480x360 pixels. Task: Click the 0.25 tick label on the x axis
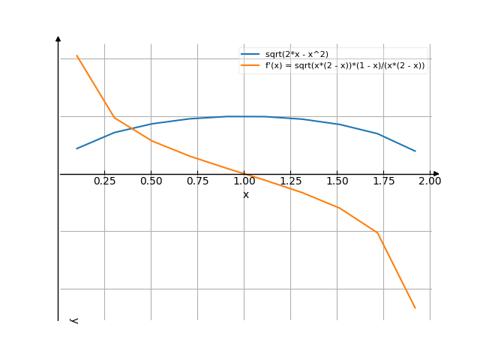(x=104, y=181)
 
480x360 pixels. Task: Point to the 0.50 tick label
(x=151, y=181)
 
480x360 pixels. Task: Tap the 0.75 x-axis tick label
(x=198, y=181)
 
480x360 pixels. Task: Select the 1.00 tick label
(x=244, y=181)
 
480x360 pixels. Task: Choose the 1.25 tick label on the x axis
(x=291, y=181)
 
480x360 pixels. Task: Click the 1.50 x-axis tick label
(x=337, y=181)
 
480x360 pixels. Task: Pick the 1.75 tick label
(x=384, y=181)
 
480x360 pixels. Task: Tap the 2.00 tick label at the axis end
(x=430, y=181)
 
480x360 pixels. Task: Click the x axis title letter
(x=245, y=195)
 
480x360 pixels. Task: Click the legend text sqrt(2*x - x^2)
(x=297, y=54)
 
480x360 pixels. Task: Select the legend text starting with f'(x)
(x=345, y=65)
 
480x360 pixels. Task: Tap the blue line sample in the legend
(x=250, y=54)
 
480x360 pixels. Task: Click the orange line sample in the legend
(x=250, y=65)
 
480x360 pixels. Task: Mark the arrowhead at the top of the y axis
(x=58, y=37)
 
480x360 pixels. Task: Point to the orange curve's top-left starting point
(x=76, y=55)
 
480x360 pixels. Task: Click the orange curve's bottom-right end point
(x=415, y=307)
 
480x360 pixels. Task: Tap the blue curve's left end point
(x=76, y=148)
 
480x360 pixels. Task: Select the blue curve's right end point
(x=415, y=151)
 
